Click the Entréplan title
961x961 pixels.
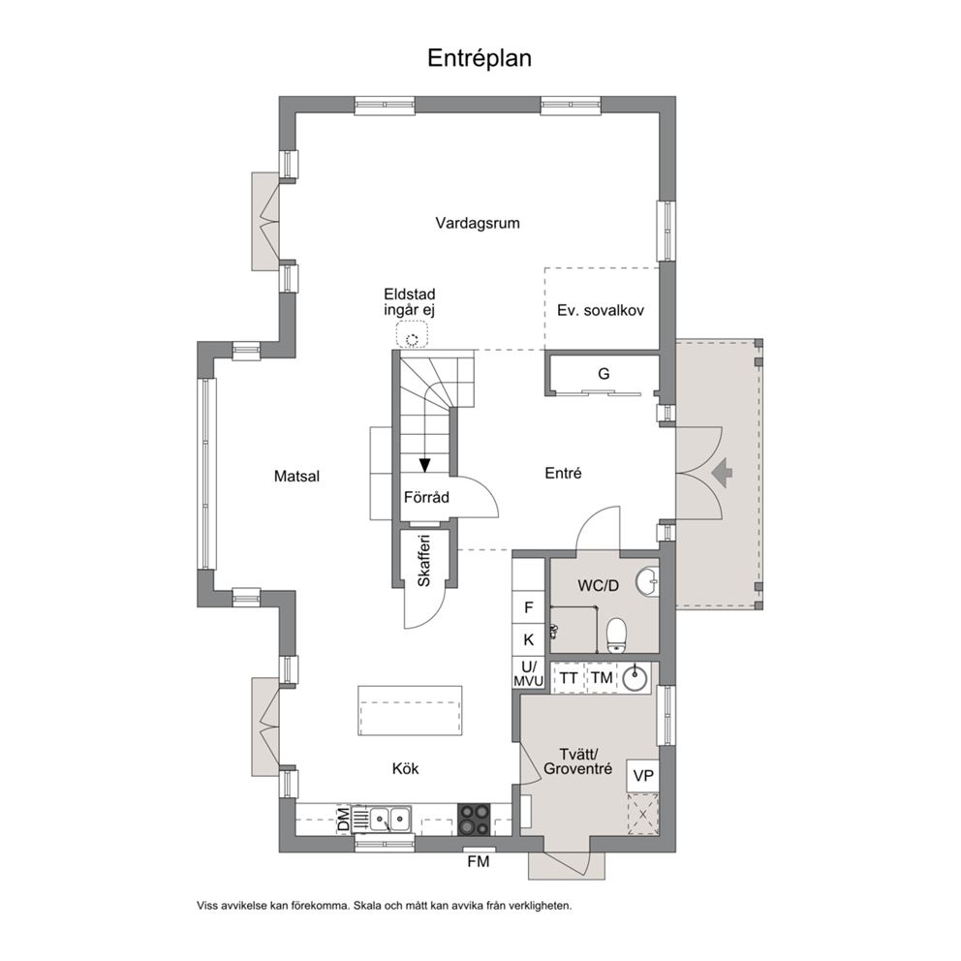click(480, 59)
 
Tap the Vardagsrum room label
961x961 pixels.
click(478, 223)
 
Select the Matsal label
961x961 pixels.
click(296, 477)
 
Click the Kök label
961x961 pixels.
click(405, 768)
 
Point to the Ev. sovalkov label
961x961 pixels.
click(601, 310)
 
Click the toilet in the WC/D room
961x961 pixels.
click(616, 635)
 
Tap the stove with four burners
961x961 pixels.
click(475, 820)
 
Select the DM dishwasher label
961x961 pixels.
click(344, 820)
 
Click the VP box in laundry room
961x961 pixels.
click(643, 776)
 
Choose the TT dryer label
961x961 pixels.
click(569, 678)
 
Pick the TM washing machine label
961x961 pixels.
click(602, 678)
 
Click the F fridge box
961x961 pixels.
click(528, 607)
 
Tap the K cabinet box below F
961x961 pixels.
click(528, 639)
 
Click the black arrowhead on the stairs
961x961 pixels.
click(424, 465)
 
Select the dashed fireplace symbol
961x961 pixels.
click(412, 334)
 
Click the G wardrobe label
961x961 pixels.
click(604, 374)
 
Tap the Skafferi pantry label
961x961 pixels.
click(424, 561)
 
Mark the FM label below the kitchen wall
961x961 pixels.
click(479, 862)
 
